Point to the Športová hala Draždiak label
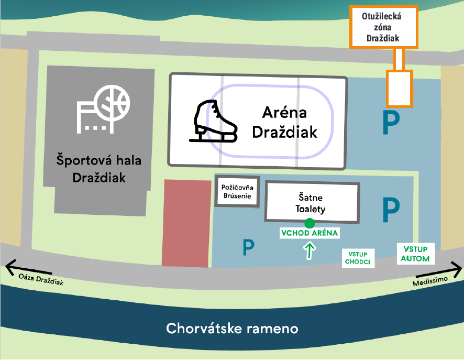coord(99,168)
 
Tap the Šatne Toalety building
coord(313,203)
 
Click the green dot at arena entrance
coord(310,223)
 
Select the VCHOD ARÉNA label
coord(309,233)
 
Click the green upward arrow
coord(310,251)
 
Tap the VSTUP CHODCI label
coord(358,258)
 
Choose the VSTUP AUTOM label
coord(415,254)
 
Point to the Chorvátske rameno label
coord(232,329)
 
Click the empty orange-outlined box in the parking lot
coord(400,89)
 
